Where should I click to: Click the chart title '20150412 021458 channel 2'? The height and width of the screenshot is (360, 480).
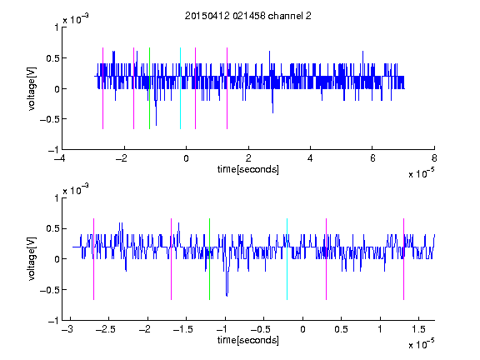tap(248, 16)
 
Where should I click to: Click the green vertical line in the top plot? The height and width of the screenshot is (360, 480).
tap(149, 88)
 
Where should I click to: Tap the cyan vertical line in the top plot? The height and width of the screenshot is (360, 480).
tap(180, 88)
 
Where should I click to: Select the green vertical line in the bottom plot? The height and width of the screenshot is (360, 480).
tap(209, 259)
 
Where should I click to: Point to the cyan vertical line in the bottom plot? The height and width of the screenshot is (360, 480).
tap(287, 259)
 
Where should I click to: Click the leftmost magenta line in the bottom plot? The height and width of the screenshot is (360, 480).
tap(93, 259)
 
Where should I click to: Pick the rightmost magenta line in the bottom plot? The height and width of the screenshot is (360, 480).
tap(403, 259)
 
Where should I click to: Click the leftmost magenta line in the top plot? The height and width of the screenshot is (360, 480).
tap(102, 88)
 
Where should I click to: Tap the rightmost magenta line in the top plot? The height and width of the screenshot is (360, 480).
tap(227, 88)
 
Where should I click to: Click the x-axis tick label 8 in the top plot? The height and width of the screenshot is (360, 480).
tap(434, 158)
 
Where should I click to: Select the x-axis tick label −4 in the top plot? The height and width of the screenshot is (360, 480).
tap(60, 158)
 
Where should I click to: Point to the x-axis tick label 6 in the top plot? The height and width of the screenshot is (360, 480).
tap(372, 158)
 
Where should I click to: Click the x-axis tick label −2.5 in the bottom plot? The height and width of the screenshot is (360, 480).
tap(106, 329)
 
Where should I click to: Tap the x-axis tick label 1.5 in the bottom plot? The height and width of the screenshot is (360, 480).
tap(418, 329)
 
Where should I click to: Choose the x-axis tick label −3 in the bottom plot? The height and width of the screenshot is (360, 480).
tap(67, 329)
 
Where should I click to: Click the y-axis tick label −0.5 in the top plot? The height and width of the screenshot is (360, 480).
tap(49, 119)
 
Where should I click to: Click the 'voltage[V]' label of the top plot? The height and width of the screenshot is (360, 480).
tap(32, 88)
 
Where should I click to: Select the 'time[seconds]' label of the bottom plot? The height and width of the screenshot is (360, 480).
tap(248, 340)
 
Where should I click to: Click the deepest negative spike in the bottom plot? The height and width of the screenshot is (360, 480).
tap(227, 295)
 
